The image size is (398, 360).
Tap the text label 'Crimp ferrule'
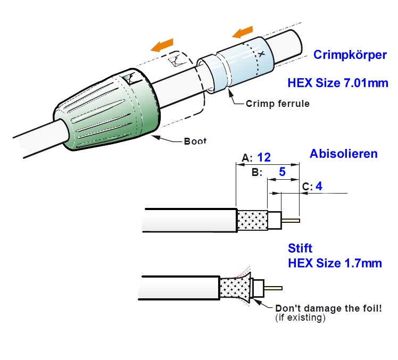(x=277, y=104)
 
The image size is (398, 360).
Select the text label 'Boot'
(x=195, y=141)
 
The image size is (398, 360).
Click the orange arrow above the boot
(x=162, y=45)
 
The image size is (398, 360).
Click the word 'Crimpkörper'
(x=350, y=55)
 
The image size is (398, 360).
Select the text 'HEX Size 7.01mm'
(x=337, y=83)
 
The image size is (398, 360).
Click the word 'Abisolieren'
(x=344, y=154)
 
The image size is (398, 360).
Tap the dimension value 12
(x=264, y=157)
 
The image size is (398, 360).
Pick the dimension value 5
(x=283, y=172)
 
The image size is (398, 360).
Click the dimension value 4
(x=319, y=186)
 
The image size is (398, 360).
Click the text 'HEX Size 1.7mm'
(x=335, y=263)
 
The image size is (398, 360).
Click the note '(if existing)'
(x=300, y=319)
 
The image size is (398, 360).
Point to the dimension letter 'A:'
(x=246, y=157)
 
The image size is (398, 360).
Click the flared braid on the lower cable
(x=235, y=290)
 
